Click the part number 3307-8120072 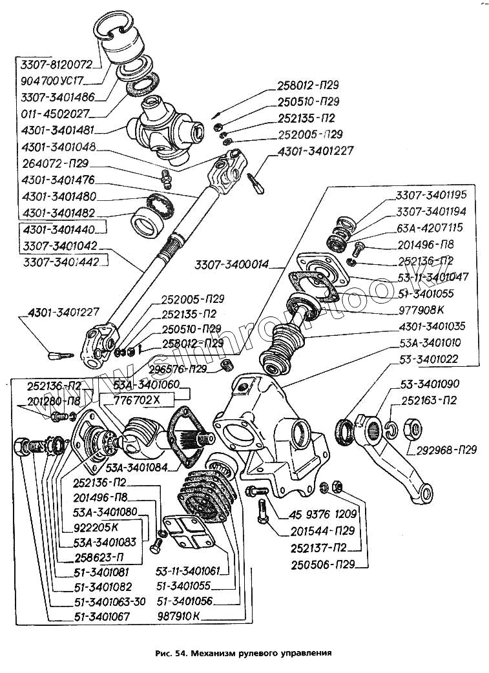point(56,65)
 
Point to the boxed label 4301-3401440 point(58,229)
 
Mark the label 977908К point(422,309)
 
